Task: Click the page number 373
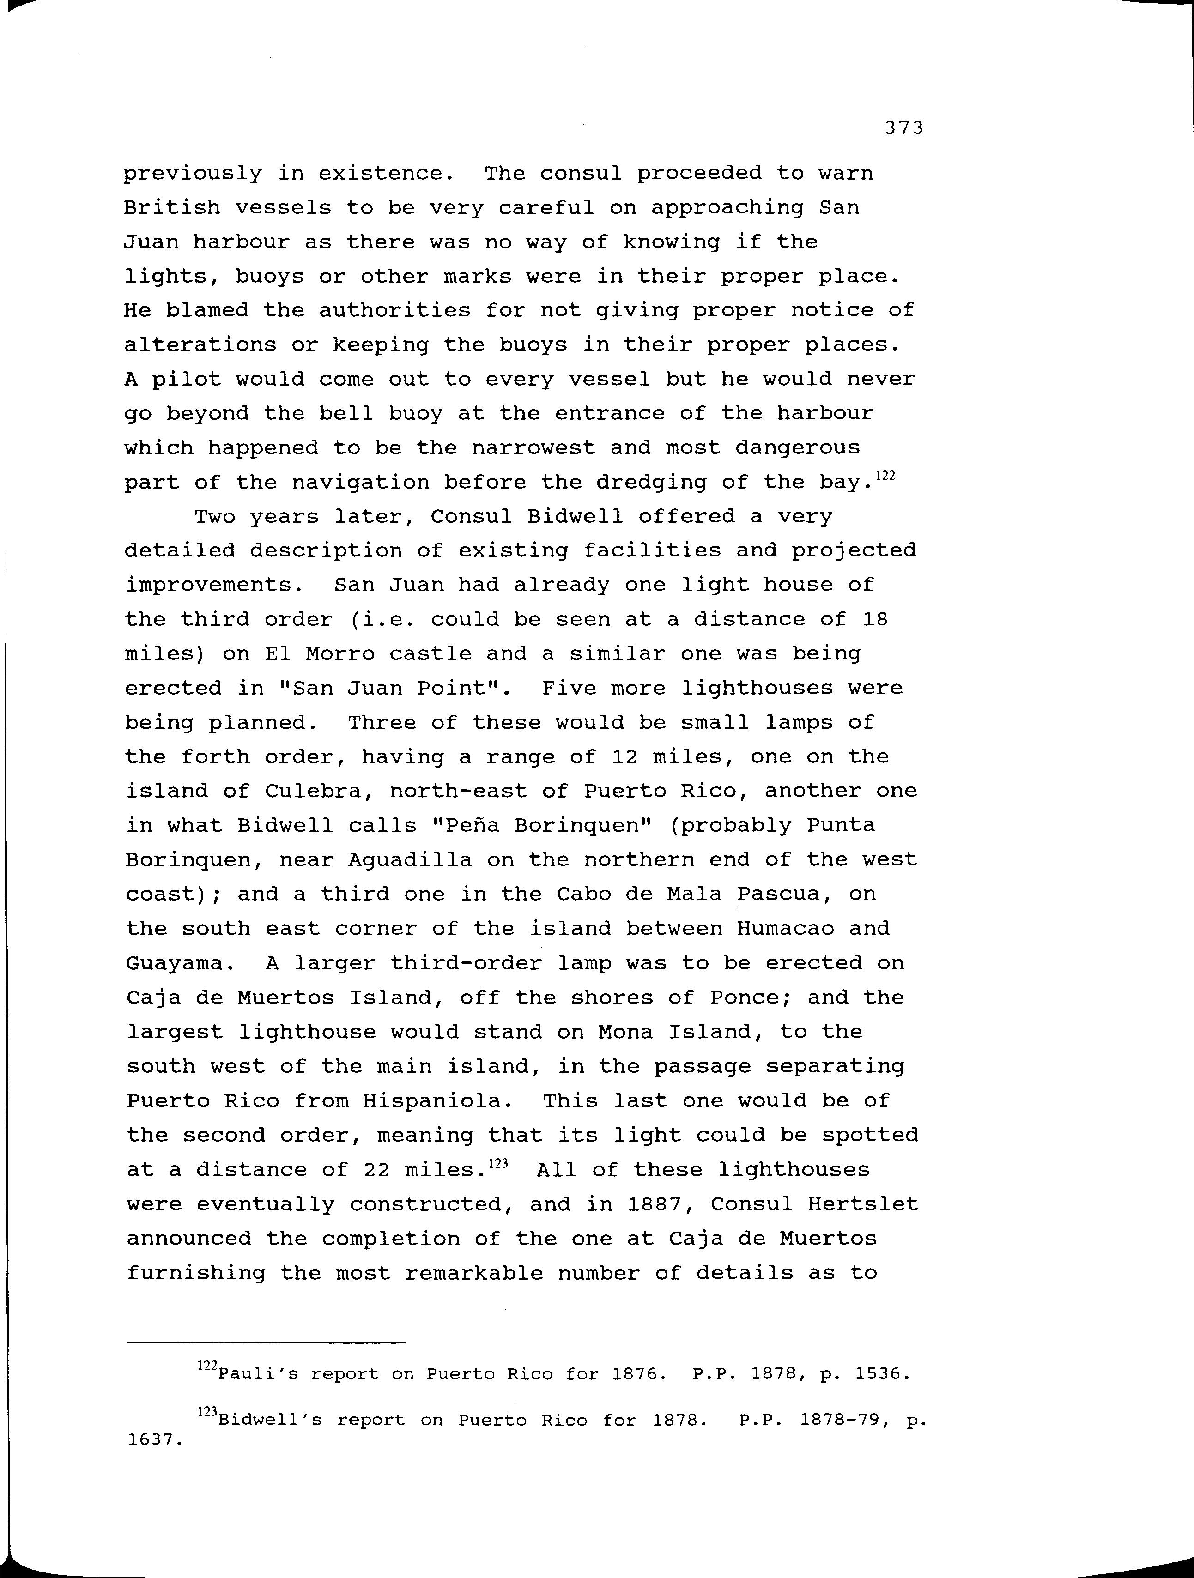click(x=903, y=128)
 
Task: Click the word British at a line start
click(x=171, y=208)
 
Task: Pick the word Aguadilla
click(x=410, y=859)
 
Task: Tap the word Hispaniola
click(x=437, y=1101)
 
